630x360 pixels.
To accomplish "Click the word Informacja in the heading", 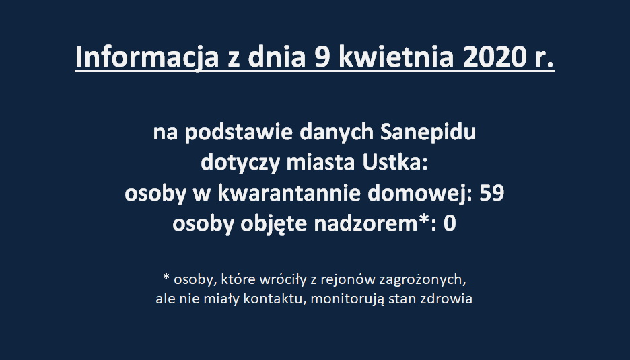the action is [147, 57].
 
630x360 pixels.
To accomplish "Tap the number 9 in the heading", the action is [322, 57].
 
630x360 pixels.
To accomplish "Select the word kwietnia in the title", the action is [396, 57].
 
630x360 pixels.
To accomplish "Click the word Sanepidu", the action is [428, 133].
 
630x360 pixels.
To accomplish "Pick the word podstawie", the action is [239, 133].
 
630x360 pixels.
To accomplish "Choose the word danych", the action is [337, 133].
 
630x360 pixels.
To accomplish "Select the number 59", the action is [492, 193].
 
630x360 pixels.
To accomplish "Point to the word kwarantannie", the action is [289, 193].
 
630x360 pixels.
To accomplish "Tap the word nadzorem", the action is [365, 223].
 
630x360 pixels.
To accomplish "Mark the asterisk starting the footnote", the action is [166, 277].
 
